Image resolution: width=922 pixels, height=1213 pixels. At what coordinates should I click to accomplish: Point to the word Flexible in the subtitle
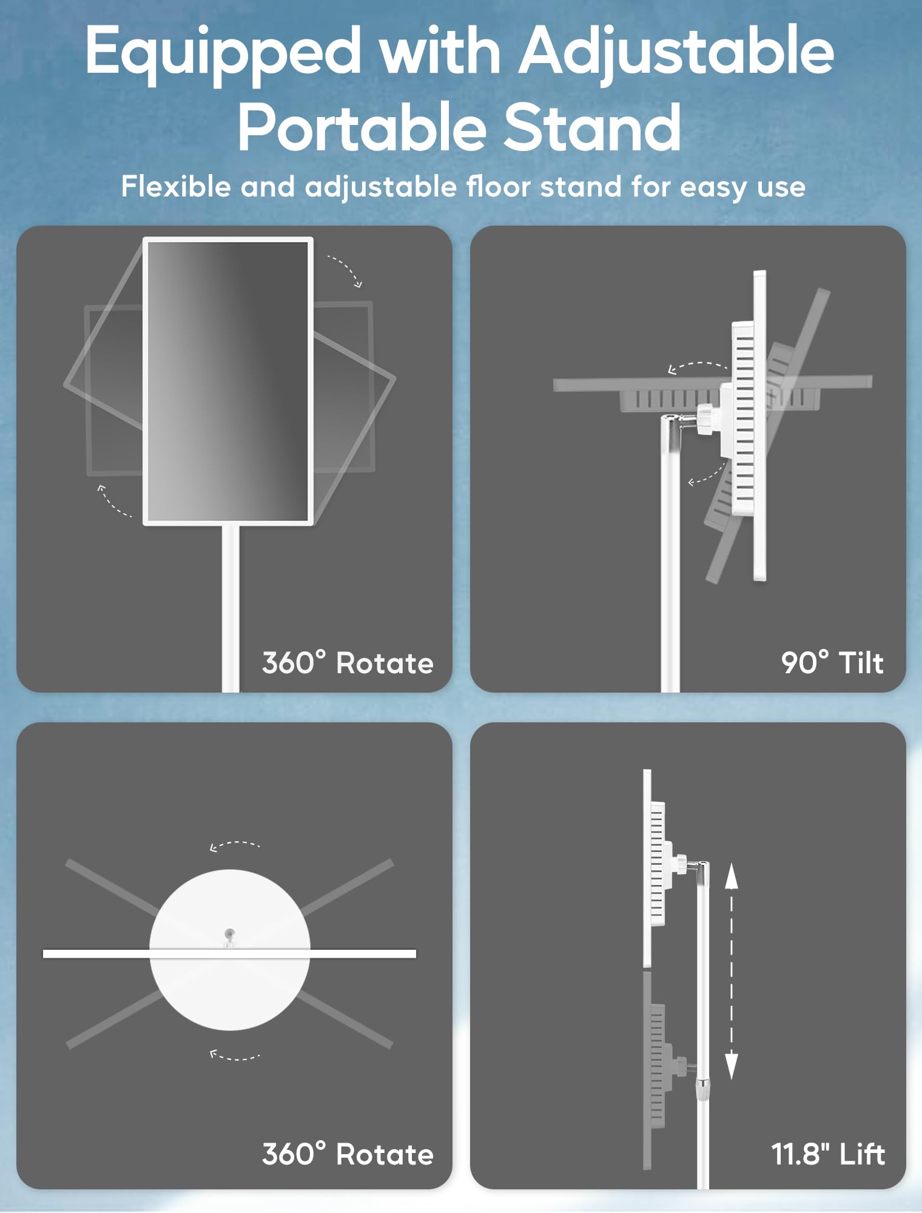(176, 186)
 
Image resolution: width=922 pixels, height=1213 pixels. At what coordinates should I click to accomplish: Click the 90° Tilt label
(832, 662)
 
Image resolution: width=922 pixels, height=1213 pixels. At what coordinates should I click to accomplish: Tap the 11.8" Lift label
(827, 1154)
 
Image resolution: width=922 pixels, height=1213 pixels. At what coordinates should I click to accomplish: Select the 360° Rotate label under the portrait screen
(348, 662)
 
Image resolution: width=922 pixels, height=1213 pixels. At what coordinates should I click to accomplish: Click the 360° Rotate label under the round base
(348, 1154)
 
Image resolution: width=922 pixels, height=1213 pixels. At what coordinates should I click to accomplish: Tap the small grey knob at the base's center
(229, 935)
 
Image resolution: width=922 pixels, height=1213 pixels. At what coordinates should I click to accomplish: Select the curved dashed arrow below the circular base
(234, 1057)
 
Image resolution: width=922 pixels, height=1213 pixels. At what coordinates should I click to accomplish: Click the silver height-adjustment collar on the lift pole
(702, 1089)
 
